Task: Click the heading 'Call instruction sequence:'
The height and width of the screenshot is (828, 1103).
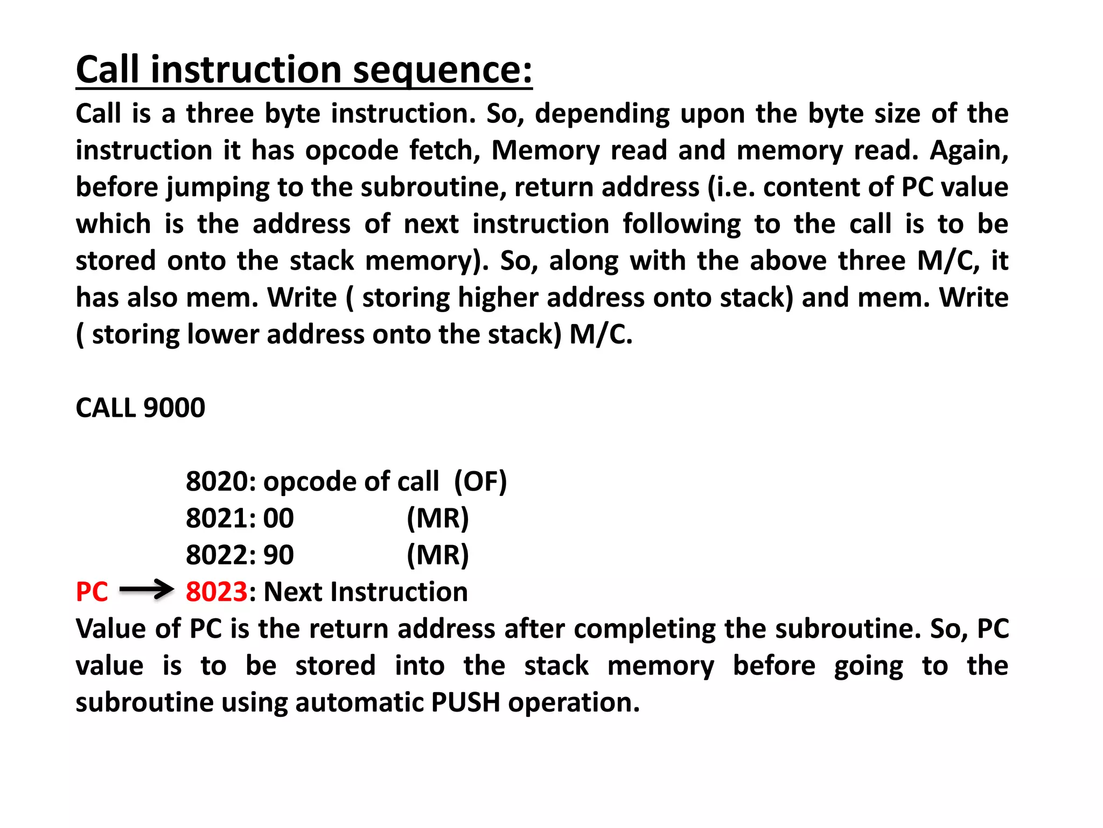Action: (304, 70)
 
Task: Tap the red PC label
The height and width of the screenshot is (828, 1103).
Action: (92, 592)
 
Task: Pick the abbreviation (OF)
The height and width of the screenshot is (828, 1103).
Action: (480, 481)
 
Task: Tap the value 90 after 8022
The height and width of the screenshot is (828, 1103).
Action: (278, 555)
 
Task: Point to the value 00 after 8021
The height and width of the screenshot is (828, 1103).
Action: (278, 518)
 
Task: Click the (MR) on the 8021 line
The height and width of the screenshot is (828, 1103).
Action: (438, 518)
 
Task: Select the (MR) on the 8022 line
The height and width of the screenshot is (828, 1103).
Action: (438, 555)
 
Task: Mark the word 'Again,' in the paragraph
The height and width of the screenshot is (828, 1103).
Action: (969, 150)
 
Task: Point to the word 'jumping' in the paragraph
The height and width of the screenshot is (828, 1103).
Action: (218, 188)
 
